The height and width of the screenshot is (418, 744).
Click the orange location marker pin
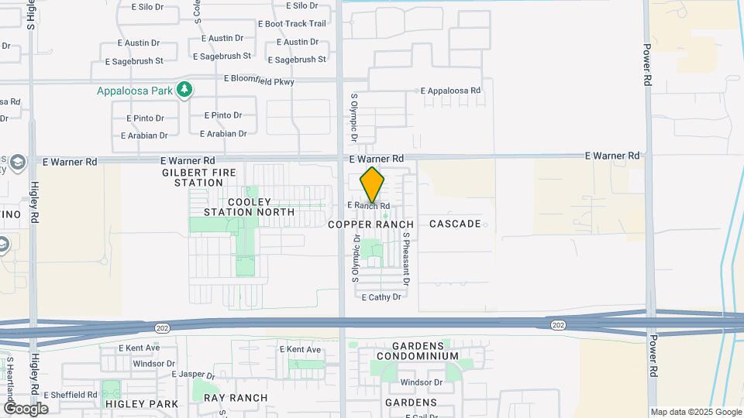[x=372, y=185]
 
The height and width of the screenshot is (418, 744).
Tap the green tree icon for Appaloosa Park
[x=184, y=91]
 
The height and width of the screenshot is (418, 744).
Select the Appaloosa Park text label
[x=134, y=91]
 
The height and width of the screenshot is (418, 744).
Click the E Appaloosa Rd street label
[x=451, y=91]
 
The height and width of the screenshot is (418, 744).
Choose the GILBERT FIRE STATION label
[x=193, y=177]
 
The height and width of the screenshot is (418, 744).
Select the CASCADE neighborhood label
[x=455, y=224]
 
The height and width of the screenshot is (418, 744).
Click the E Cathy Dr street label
[x=381, y=296]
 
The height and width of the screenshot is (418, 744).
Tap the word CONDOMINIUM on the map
[x=418, y=356]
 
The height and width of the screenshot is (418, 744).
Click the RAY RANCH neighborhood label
[x=236, y=398]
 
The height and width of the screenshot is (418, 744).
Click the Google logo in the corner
[x=25, y=408]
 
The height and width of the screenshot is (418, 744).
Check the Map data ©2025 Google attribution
[x=696, y=413]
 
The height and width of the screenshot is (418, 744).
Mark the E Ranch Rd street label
[x=368, y=205]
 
